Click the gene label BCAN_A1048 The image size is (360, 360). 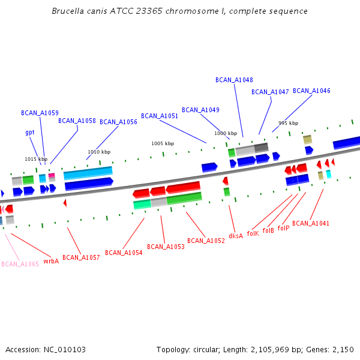pyautogui.click(x=234, y=80)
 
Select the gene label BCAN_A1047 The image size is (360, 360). pyautogui.click(x=270, y=92)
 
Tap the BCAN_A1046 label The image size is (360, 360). pyautogui.click(x=311, y=91)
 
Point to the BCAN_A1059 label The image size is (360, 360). pyautogui.click(x=40, y=113)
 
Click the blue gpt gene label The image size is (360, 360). pyautogui.click(x=29, y=132)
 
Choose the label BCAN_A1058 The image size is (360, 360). pyautogui.click(x=77, y=121)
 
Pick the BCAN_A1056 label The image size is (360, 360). pyautogui.click(x=118, y=122)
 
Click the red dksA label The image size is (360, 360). pyautogui.click(x=236, y=236)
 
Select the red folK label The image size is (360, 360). pyautogui.click(x=253, y=233)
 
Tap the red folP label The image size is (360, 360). pyautogui.click(x=283, y=228)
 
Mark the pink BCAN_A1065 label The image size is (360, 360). pyautogui.click(x=20, y=264)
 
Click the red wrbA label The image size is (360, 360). pyautogui.click(x=51, y=261)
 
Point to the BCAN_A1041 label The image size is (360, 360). pyautogui.click(x=311, y=223)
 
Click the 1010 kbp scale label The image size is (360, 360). pyautogui.click(x=99, y=152)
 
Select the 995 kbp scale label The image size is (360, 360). pyautogui.click(x=288, y=123)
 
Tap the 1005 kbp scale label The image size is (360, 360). pyautogui.click(x=163, y=143)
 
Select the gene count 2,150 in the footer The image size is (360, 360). pyautogui.click(x=342, y=349)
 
